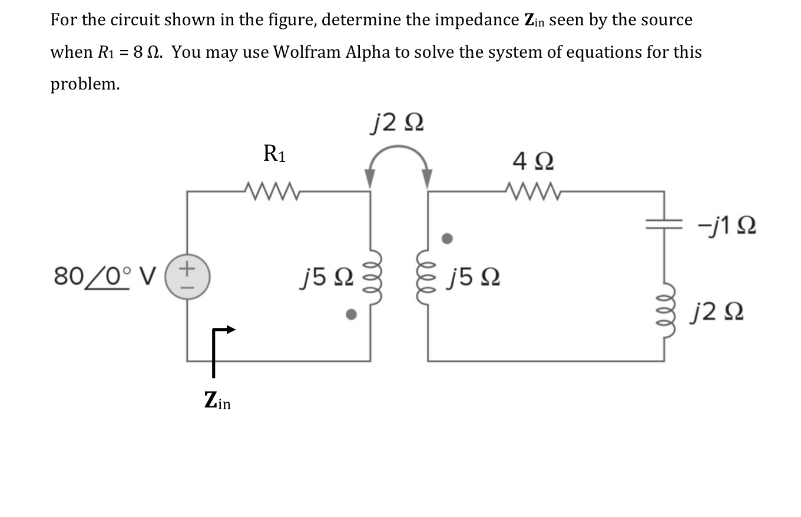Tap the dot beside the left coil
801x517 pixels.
pyautogui.click(x=351, y=315)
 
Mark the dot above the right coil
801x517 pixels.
pyautogui.click(x=448, y=239)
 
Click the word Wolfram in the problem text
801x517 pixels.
pyautogui.click(x=308, y=52)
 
